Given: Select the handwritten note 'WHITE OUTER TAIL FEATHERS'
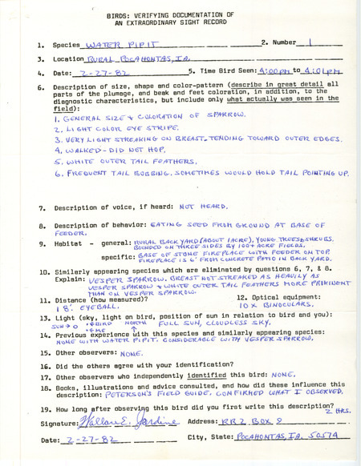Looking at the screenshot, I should pos(144,160).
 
